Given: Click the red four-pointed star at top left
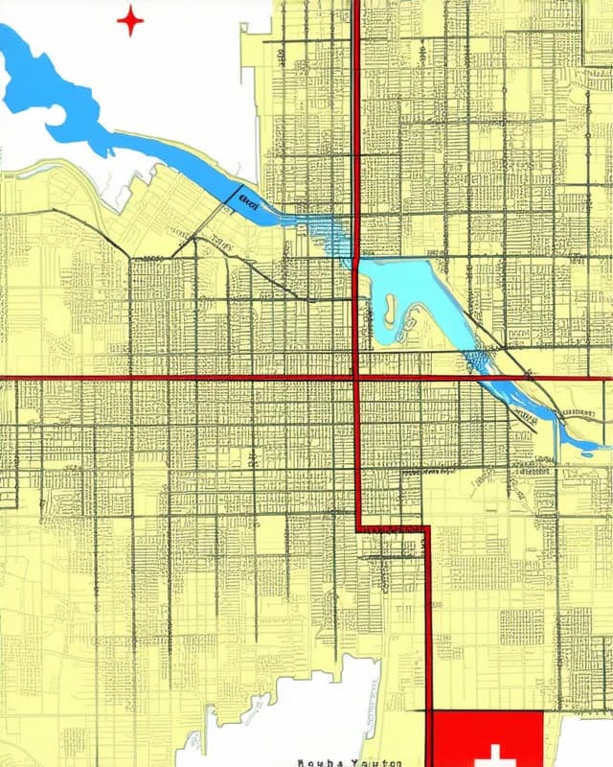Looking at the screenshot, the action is (130, 20).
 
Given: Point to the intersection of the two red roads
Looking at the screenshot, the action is (356, 378).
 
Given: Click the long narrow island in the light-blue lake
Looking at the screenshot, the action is (390, 309).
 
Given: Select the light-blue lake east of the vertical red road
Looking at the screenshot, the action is (421, 288).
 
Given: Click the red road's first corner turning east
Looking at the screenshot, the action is (358, 527).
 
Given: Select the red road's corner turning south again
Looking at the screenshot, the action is (427, 528).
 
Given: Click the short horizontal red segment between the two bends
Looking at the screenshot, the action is (393, 527).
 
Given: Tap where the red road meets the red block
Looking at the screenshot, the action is (429, 710).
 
